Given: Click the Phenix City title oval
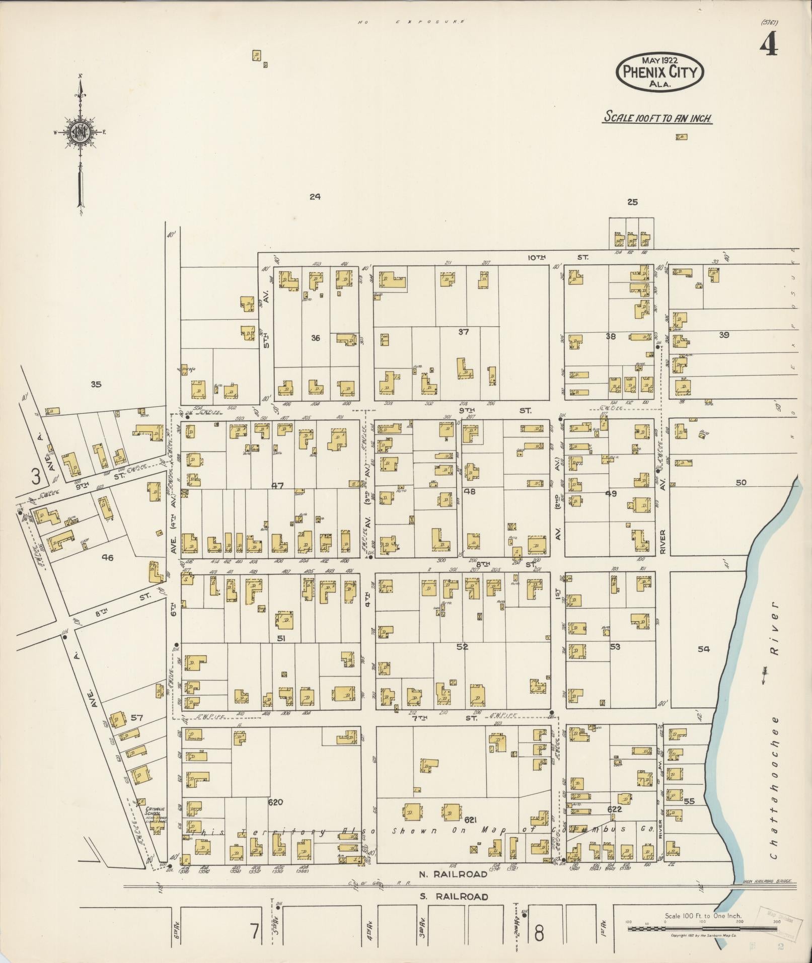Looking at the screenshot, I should pos(659,72).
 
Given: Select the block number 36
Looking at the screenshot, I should pos(315,338).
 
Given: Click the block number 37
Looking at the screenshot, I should pos(463,332).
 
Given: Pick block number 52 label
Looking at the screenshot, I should pos(462,647).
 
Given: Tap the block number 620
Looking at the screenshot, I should pos(276,802).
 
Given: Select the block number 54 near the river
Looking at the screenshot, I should pos(703,649).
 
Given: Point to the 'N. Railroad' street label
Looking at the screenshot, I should pos(454,874).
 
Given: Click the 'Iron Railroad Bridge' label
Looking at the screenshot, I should pos(768,881).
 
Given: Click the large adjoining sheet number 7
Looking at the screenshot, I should pos(255,933).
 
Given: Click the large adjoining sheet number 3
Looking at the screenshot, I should pos(35,476).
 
